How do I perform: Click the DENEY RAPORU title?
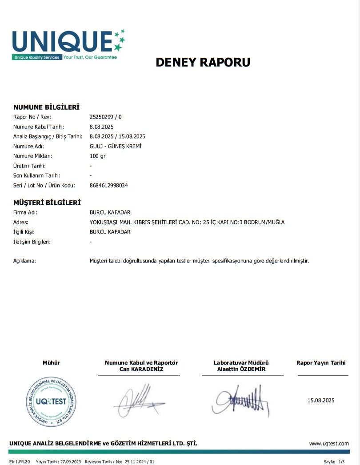(203, 62)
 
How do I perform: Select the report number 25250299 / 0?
(105, 117)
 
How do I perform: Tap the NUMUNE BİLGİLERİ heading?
(46, 107)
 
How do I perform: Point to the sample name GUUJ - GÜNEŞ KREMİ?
(116, 146)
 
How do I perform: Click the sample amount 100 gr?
(98, 156)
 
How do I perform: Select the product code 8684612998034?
(108, 185)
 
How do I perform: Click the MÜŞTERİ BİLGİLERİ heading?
(47, 203)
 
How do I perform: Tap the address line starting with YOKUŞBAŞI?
(187, 222)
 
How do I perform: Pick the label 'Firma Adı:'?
(25, 212)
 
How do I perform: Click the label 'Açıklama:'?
(24, 261)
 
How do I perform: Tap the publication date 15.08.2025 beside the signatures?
(320, 401)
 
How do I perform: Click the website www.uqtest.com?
(329, 443)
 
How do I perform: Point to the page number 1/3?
(341, 462)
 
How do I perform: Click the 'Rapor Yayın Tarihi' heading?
(320, 363)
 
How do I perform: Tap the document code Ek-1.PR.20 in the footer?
(20, 462)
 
